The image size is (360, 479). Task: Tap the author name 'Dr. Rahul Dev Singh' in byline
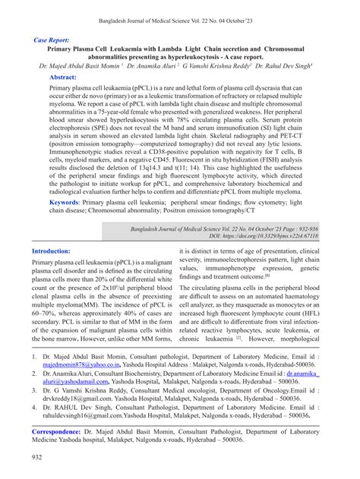point(288,66)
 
